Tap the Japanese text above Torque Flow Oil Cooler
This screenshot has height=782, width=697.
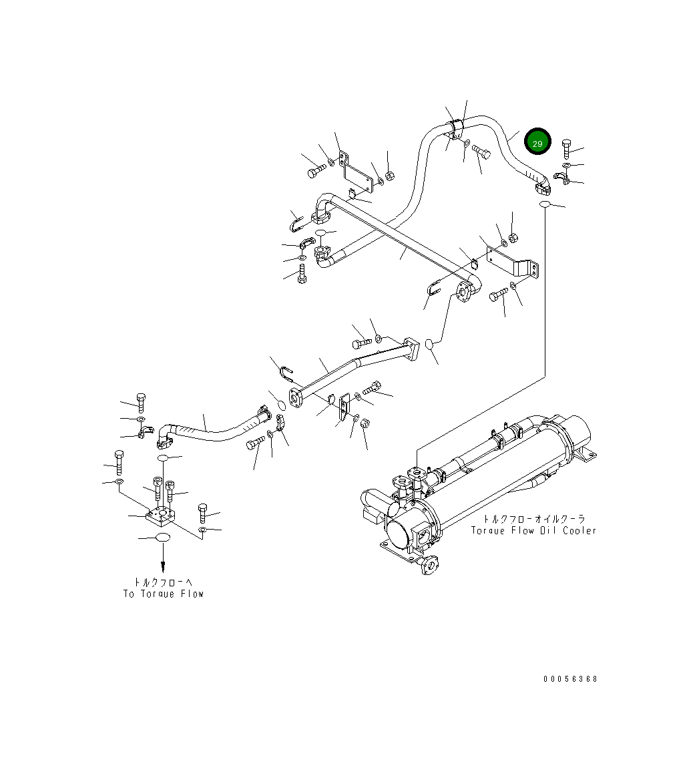(x=534, y=518)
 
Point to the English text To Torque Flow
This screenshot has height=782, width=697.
(x=164, y=594)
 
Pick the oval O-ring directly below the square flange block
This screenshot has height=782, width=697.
(x=162, y=538)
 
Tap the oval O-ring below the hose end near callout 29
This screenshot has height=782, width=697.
(x=545, y=204)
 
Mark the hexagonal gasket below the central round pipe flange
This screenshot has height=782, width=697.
(x=431, y=344)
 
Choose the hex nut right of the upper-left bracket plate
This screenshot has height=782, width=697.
(x=391, y=176)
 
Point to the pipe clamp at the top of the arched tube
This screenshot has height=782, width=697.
(x=458, y=126)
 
